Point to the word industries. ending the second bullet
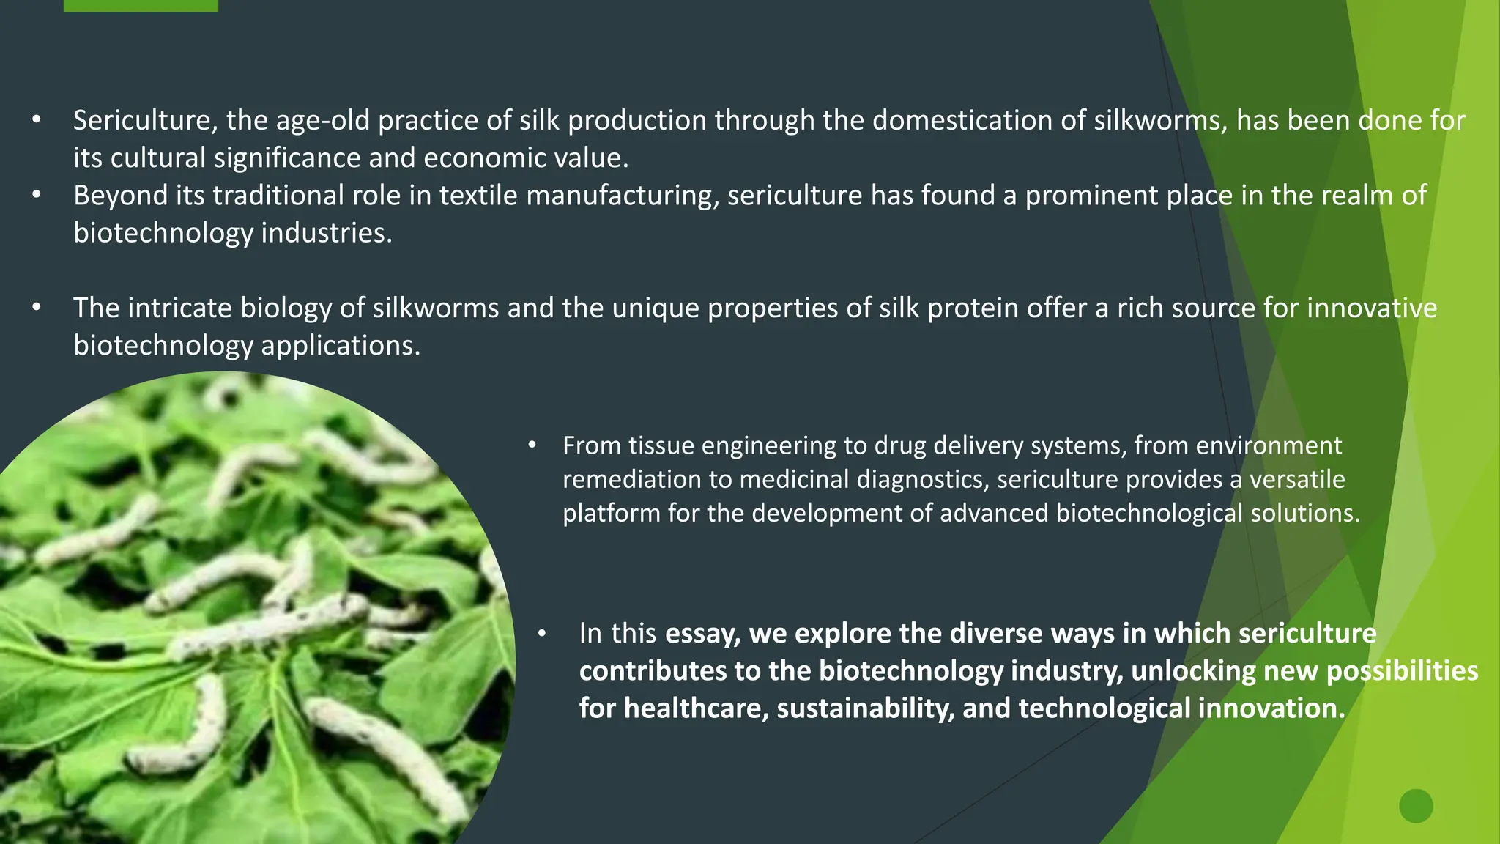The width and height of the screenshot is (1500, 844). (327, 233)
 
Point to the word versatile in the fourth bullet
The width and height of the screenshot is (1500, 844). (1297, 479)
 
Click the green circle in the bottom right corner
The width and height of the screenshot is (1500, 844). (1416, 806)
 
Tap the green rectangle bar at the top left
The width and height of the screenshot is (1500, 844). (141, 5)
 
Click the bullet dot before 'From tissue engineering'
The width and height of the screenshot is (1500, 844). (532, 445)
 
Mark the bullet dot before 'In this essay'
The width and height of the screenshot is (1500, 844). (542, 634)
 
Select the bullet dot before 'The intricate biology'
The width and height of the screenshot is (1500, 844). (37, 308)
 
